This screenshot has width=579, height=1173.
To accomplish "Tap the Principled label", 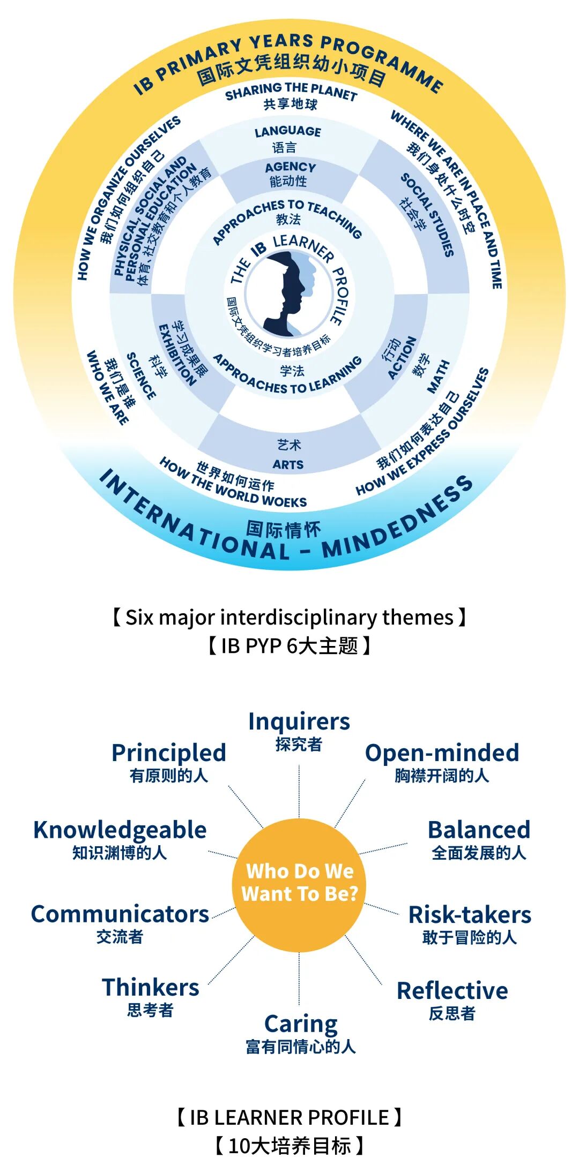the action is coord(169,754).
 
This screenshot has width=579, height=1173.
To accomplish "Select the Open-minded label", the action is coord(442,753).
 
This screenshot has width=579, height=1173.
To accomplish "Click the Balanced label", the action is coord(479,830).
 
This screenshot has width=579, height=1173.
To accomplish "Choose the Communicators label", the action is coord(120,914).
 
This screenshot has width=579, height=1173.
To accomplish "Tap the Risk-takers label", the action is coord(470,915).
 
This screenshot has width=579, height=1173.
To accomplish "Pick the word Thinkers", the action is coord(151,988).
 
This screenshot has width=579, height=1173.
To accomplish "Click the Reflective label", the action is coord(452,991).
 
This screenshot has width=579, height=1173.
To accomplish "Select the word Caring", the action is coord(301,1025).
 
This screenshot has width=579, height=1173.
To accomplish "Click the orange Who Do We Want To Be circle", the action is coord(299,885).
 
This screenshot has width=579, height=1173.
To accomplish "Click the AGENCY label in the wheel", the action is coord(290,167).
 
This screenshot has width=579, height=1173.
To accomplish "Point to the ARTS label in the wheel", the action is coord(288,464).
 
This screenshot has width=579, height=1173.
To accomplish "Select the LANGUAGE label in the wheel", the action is coord(288,131).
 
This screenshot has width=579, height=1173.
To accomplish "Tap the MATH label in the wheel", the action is coord(438,377).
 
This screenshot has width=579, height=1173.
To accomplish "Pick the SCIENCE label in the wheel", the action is coord(141,376).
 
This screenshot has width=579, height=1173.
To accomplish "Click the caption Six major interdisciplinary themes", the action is coord(289,618).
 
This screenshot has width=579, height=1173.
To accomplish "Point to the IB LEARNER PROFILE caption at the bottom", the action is coord(289,1117).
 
